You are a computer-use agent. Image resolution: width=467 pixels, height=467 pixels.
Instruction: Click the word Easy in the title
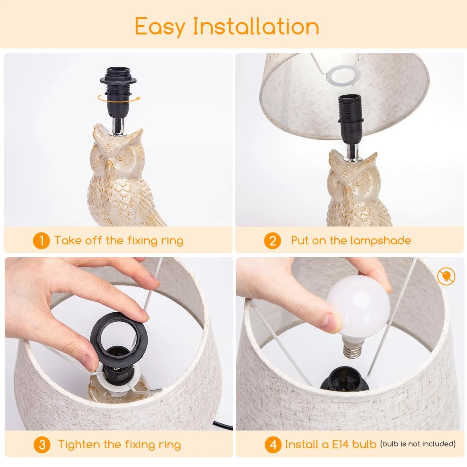[160, 27]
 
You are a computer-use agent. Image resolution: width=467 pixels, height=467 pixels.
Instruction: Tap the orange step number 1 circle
[41, 241]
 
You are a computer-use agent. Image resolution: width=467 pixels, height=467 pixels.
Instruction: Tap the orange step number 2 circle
[272, 241]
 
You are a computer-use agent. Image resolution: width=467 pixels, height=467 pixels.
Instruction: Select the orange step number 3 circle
[42, 445]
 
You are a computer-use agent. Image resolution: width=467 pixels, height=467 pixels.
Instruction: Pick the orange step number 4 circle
[273, 445]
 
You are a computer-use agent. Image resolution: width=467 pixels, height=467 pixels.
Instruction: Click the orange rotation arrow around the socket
[119, 98]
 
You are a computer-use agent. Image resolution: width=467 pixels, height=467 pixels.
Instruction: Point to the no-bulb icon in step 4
[446, 276]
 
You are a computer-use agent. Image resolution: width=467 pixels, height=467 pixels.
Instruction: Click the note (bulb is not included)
[418, 444]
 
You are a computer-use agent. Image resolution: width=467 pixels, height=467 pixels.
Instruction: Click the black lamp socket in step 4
[345, 379]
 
